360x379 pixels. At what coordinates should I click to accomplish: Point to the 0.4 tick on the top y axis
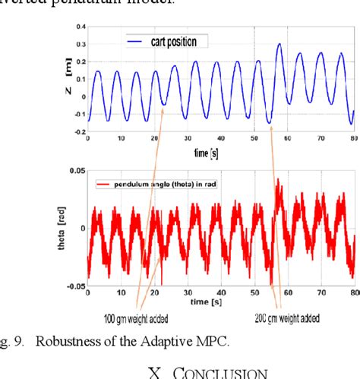point(81,27)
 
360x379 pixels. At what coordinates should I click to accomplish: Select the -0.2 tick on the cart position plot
point(79,131)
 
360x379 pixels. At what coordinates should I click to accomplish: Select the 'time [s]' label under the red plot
point(221,302)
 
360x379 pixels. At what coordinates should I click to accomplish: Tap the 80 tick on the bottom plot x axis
point(352,293)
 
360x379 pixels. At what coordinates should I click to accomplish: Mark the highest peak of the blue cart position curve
point(279,44)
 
